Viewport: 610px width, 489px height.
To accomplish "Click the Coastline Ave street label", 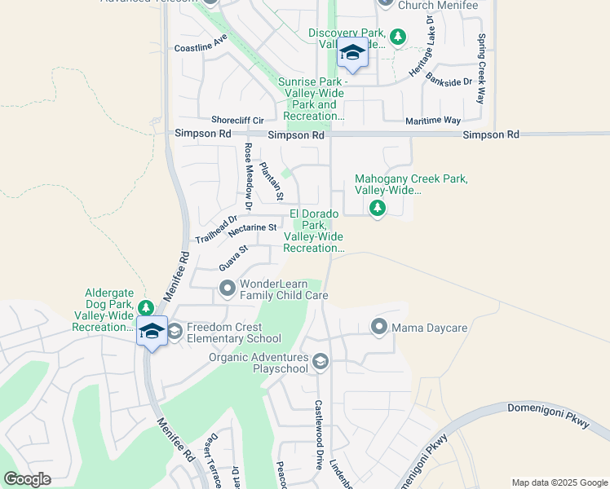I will point(201,48).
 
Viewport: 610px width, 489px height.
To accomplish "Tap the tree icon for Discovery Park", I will point(397,37).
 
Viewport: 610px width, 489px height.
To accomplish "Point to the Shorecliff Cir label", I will point(237,119).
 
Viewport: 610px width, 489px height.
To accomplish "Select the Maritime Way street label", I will point(433,121).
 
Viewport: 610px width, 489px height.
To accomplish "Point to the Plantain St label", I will point(271,182).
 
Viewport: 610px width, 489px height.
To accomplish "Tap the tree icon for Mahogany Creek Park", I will point(377,209).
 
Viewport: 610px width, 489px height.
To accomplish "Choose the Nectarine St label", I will point(254,230).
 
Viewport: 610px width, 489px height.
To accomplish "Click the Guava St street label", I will point(232,259).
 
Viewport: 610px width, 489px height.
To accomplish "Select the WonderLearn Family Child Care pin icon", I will point(228,287).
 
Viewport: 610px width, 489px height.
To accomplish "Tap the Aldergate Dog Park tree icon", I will point(145,308).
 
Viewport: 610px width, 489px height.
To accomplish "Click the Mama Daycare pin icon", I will point(378,328).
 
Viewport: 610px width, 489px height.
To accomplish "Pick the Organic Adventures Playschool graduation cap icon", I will point(320,362).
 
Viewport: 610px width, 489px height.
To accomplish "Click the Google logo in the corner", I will point(28,479).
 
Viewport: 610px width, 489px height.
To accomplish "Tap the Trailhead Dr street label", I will point(215,229).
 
